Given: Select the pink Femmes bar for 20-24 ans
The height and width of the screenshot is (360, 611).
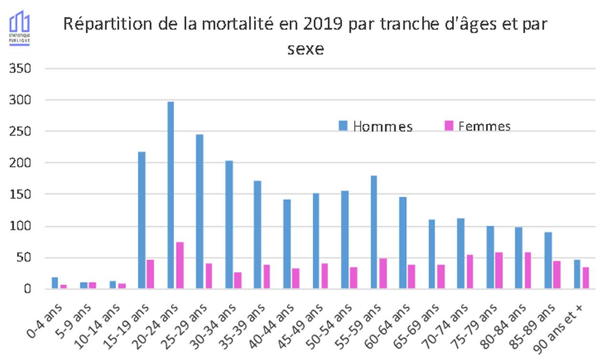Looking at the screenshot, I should [x=179, y=265].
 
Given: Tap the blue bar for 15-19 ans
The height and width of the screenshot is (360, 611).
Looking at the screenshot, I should [x=141, y=220].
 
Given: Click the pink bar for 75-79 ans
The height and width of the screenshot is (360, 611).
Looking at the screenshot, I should [x=499, y=270].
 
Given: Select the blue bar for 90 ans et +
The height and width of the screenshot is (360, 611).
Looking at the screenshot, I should [x=577, y=274].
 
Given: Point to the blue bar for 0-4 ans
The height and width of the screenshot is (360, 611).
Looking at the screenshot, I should [x=54, y=283].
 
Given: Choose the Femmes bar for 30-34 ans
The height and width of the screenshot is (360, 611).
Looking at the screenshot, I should [x=238, y=280].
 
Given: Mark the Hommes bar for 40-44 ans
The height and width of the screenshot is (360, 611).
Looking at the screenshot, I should [x=286, y=244].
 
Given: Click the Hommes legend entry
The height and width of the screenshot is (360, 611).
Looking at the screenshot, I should [x=376, y=126].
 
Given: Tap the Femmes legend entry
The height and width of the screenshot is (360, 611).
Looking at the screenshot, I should [x=477, y=126].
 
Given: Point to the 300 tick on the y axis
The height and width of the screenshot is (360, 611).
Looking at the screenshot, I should [x=21, y=100].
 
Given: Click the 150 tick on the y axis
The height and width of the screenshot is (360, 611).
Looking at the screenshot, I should [x=21, y=194].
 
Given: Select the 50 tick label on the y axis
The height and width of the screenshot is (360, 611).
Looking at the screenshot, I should [x=24, y=258].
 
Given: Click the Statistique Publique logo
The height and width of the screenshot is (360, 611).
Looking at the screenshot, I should [x=20, y=28].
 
